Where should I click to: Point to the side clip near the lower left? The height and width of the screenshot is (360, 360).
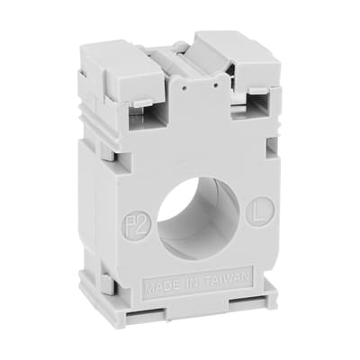click(104, 284)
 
